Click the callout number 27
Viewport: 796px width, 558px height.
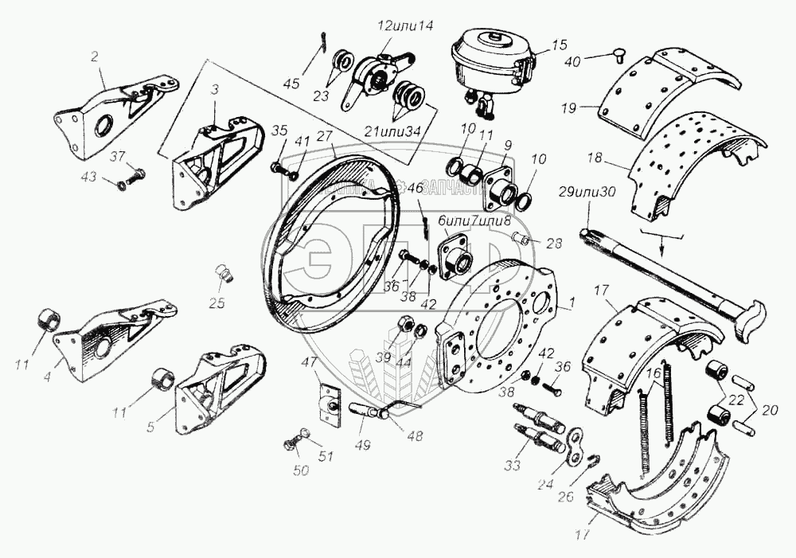point(324,136)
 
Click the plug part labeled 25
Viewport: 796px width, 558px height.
point(224,275)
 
